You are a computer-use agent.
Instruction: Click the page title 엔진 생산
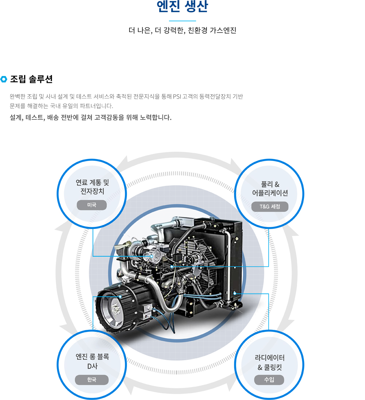(x=182, y=7)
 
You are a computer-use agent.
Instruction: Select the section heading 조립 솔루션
(x=31, y=79)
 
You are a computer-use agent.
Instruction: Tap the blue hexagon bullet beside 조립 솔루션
(x=4, y=79)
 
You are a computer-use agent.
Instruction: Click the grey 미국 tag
(x=92, y=205)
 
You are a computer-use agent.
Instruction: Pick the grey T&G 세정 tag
(x=270, y=207)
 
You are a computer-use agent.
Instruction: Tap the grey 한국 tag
(x=92, y=380)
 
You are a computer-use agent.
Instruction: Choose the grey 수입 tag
(x=269, y=380)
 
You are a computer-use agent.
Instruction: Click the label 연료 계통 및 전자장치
(x=92, y=187)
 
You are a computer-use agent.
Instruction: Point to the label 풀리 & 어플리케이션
(x=270, y=188)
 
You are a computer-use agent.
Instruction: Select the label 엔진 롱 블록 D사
(x=92, y=361)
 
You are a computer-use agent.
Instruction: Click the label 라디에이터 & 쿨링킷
(x=270, y=362)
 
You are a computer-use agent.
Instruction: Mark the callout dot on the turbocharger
(x=152, y=256)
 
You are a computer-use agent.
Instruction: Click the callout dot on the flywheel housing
(x=120, y=297)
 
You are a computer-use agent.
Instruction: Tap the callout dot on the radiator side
(x=235, y=294)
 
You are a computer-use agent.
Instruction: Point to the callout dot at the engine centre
(x=172, y=267)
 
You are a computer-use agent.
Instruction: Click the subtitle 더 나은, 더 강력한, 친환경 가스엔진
(x=182, y=30)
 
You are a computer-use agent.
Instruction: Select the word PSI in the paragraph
(x=177, y=96)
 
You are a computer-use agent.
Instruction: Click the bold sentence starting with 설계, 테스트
(x=91, y=117)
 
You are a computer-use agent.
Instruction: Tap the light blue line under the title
(x=182, y=21)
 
